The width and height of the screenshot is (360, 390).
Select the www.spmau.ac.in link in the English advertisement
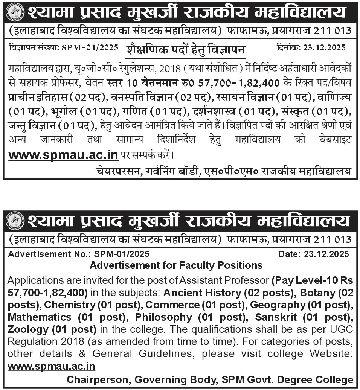51,366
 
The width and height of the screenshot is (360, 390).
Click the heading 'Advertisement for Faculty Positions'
176,265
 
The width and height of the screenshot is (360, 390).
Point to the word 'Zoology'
28,329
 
